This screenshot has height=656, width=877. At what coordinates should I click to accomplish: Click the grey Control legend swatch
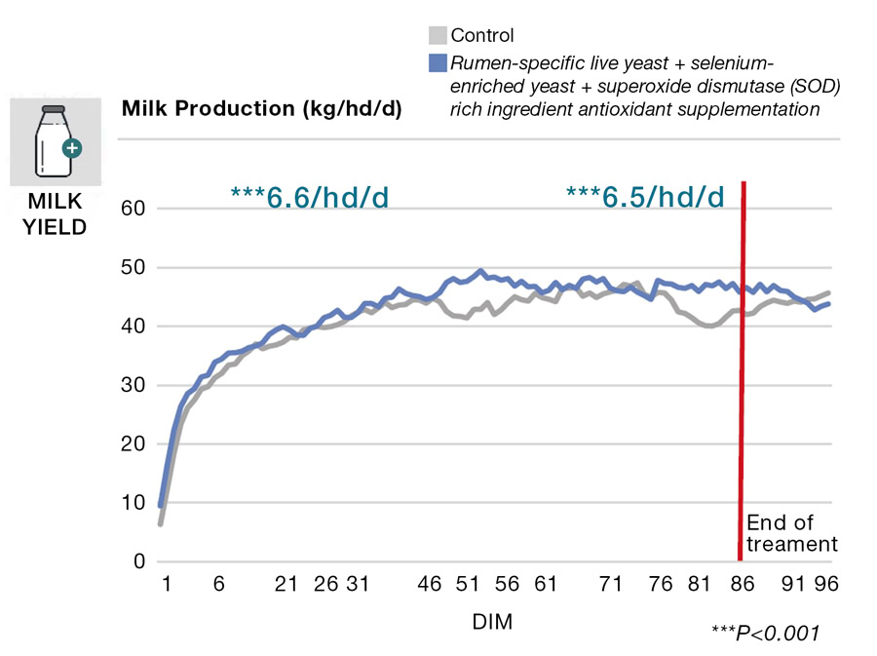click(438, 36)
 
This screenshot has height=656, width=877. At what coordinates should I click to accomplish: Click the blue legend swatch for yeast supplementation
click(438, 63)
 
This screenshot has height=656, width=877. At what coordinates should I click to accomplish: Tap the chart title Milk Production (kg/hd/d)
click(261, 108)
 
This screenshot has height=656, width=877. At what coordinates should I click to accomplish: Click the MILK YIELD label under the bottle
click(55, 216)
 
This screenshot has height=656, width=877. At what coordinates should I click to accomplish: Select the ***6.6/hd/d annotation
click(310, 198)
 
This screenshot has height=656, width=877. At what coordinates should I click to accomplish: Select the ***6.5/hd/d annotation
click(645, 198)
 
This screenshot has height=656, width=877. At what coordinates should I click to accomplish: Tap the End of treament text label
click(791, 533)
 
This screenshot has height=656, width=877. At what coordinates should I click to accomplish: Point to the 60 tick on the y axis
click(133, 209)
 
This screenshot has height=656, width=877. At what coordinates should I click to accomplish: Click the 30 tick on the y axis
click(133, 385)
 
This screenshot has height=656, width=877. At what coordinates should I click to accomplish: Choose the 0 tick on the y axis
click(138, 561)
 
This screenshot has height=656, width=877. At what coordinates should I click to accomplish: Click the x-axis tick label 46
click(429, 584)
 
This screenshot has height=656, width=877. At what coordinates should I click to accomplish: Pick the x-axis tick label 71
click(611, 584)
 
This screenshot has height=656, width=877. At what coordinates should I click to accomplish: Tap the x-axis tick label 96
click(827, 584)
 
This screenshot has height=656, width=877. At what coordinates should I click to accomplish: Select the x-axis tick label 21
click(286, 584)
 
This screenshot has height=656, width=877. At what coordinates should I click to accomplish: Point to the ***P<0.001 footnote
click(765, 634)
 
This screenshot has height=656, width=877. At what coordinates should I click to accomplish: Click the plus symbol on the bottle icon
click(71, 149)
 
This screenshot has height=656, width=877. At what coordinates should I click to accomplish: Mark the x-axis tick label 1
click(166, 584)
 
